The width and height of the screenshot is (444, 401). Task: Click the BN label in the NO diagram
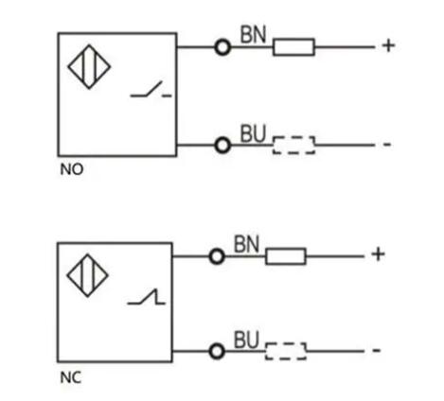pyautogui.click(x=253, y=34)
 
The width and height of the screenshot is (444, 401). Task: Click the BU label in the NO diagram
pyautogui.click(x=253, y=133)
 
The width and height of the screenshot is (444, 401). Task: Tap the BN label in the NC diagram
pyautogui.click(x=246, y=244)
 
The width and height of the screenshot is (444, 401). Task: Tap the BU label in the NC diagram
pyautogui.click(x=246, y=340)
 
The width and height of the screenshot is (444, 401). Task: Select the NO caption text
pyautogui.click(x=72, y=169)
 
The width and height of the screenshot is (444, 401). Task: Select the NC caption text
pyautogui.click(x=71, y=377)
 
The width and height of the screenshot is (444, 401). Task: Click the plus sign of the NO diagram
pyautogui.click(x=388, y=45)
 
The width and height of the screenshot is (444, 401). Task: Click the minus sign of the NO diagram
pyautogui.click(x=387, y=145)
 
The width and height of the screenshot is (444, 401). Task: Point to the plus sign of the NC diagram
pyautogui.click(x=378, y=254)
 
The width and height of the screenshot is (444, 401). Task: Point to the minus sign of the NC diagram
pyautogui.click(x=377, y=350)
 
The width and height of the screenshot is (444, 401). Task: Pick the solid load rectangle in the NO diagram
pyautogui.click(x=293, y=47)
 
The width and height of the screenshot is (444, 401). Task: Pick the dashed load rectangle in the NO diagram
pyautogui.click(x=293, y=146)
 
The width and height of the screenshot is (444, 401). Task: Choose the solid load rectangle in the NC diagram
pyautogui.click(x=286, y=256)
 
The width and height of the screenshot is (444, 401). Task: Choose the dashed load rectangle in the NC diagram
pyautogui.click(x=286, y=351)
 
